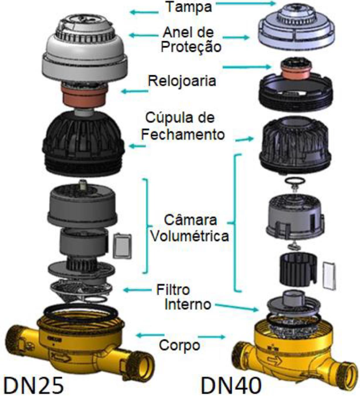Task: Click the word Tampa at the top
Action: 189,7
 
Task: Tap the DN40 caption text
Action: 231,385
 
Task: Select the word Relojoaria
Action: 182,81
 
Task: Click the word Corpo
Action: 179,345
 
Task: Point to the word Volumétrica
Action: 190,236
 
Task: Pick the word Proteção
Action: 191,47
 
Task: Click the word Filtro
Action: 173,290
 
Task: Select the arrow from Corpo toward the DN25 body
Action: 150,336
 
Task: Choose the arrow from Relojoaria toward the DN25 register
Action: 135,91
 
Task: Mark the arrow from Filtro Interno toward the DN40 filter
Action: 237,307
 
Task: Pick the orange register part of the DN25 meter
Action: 85,95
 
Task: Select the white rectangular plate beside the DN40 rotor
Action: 330,275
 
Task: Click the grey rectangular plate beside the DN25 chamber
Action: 122,246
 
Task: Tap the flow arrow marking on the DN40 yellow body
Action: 275,360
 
